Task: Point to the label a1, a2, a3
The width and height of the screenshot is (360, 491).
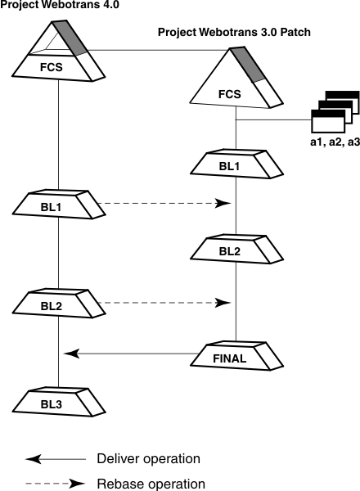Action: (x=335, y=142)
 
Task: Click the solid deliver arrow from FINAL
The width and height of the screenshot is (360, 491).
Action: (x=131, y=354)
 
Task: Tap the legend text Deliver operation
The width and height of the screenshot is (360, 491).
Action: (x=148, y=458)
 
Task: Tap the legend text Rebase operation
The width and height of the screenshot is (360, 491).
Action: (x=151, y=483)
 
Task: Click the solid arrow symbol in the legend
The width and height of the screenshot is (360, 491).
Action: (x=55, y=458)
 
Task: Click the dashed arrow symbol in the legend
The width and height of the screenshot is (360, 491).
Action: (x=55, y=483)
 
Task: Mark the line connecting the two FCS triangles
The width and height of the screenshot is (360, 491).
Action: (x=155, y=51)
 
